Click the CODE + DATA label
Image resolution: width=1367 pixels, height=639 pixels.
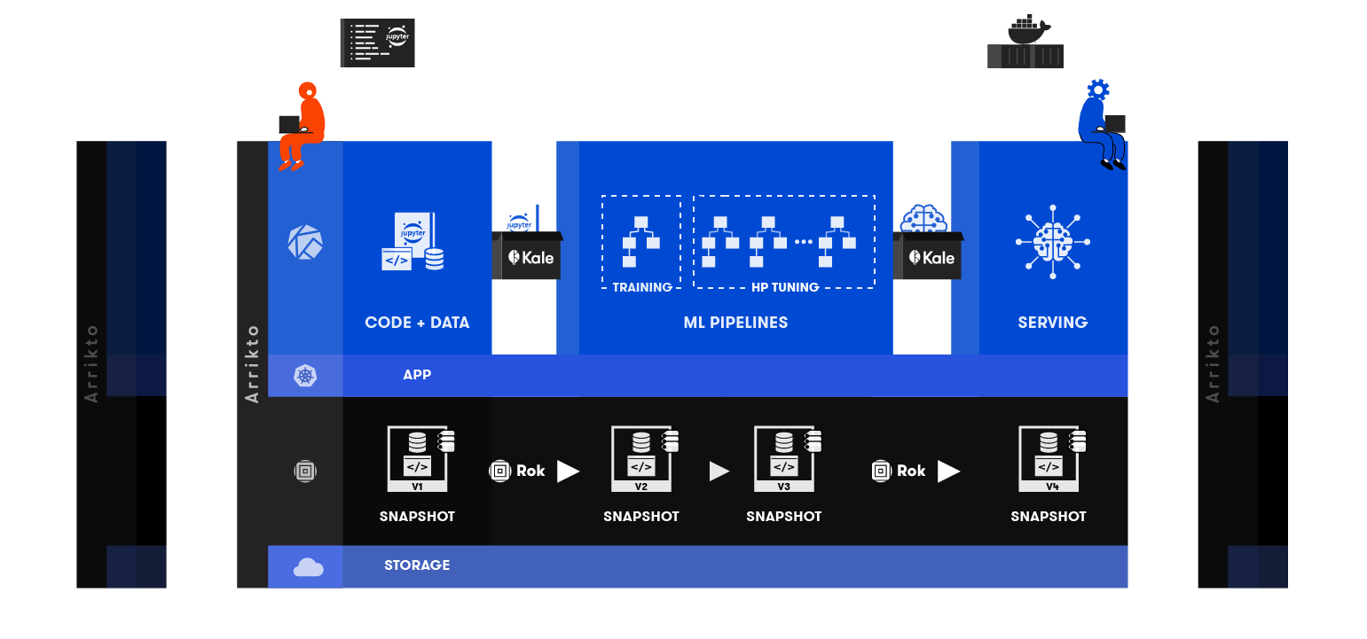coord(417,323)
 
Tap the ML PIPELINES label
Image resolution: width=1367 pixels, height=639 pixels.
coord(735,323)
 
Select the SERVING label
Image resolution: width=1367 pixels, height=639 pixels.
coord(1052,323)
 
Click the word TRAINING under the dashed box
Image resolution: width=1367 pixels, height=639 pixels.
coord(642,287)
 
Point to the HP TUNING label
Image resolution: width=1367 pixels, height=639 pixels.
coord(784,287)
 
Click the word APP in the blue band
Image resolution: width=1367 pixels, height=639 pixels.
coord(417,375)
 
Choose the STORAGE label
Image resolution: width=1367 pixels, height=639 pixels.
coord(417,565)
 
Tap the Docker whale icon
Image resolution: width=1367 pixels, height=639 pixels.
coord(1027,30)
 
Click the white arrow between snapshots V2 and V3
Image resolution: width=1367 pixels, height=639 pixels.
coord(719,471)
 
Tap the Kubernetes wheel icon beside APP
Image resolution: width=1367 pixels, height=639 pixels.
coord(305,376)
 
